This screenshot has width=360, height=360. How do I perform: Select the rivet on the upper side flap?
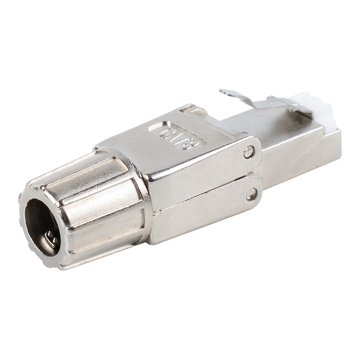[248, 152]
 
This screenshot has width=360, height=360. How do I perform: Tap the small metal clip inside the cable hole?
[54, 240]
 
